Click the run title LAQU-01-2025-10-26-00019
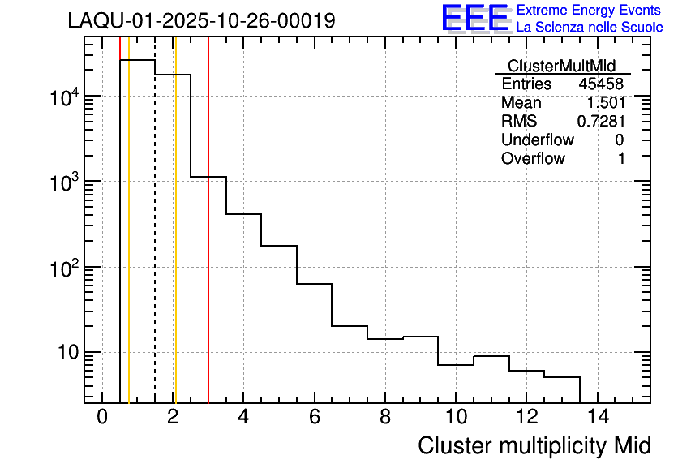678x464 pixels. coord(201,21)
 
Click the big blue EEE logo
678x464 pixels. coord(475,18)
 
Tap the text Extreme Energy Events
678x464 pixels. coord(590,11)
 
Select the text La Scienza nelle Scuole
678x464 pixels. coord(590,28)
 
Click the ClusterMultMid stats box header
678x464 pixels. coord(561,66)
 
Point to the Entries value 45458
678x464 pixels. coord(602,84)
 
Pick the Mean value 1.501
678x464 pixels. coord(606,103)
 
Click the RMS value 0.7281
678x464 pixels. coord(601,122)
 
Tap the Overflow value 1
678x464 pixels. coord(621,159)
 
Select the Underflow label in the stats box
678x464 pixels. coord(537,140)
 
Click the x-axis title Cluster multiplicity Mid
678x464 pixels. coord(534,445)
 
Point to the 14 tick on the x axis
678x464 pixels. coord(597,418)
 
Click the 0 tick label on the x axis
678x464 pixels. coord(102,418)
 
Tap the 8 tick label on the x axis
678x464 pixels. coord(385,418)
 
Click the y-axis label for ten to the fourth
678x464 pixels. coord(63,97)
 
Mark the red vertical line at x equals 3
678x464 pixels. coord(208,243)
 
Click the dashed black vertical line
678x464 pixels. coord(155,243)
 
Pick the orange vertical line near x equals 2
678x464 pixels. coord(175,243)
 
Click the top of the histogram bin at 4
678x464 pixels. coord(243,214)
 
